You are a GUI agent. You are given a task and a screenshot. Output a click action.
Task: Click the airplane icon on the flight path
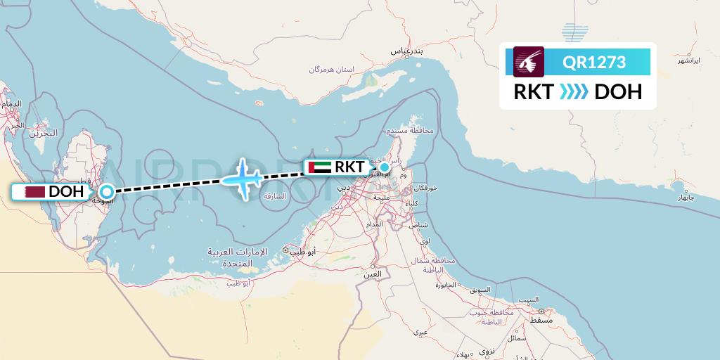(243, 178)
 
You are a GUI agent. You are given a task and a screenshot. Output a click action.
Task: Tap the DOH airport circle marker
(107, 191)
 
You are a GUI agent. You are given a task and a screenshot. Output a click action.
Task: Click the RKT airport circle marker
(385, 167)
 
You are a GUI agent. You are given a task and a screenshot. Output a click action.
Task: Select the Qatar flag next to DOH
(34, 191)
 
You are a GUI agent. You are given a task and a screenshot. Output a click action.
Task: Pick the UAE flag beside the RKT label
(319, 167)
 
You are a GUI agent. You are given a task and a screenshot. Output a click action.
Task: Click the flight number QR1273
(594, 62)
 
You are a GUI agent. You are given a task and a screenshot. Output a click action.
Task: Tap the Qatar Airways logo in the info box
(529, 61)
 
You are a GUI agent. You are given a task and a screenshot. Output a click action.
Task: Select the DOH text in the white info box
(618, 91)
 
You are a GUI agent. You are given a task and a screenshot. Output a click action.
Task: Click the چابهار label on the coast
(686, 198)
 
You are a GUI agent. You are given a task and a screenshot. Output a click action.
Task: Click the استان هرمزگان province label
(331, 70)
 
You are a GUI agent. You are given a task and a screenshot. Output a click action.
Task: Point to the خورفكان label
(426, 188)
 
